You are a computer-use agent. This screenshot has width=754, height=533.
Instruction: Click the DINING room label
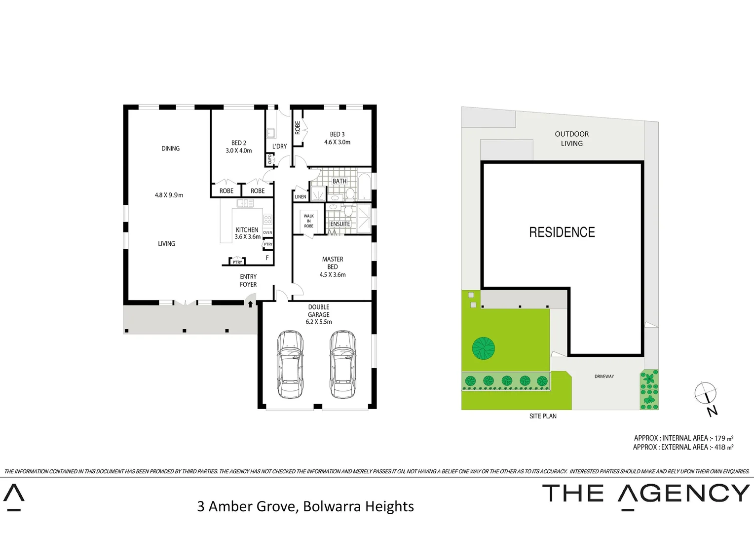pyautogui.click(x=170, y=149)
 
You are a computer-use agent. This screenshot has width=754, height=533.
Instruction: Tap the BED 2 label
pyautogui.click(x=239, y=143)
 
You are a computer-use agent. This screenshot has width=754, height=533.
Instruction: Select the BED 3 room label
pyautogui.click(x=338, y=134)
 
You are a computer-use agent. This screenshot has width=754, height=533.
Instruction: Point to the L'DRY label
pyautogui.click(x=279, y=147)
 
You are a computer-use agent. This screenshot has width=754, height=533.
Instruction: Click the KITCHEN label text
pyautogui.click(x=247, y=230)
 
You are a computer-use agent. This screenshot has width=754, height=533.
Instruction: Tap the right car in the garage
pyautogui.click(x=342, y=364)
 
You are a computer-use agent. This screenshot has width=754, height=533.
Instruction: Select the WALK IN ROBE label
pyautogui.click(x=309, y=221)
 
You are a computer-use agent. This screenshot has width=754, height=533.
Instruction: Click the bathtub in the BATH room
pyautogui.click(x=364, y=187)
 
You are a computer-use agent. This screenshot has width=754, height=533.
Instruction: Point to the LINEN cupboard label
pyautogui.click(x=301, y=197)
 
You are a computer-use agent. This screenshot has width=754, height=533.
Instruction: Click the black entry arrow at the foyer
pyautogui.click(x=251, y=304)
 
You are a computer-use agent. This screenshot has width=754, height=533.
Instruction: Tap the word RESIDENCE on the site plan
pyautogui.click(x=562, y=232)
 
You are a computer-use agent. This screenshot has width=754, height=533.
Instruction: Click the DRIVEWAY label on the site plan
pyautogui.click(x=604, y=377)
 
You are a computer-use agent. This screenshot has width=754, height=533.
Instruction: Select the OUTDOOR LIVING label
pyautogui.click(x=571, y=139)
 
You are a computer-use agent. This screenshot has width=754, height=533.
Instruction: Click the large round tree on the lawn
pyautogui.click(x=483, y=348)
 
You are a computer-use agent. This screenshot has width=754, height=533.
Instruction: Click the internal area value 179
pyautogui.click(x=720, y=438)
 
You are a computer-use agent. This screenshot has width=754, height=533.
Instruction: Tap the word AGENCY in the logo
pyautogui.click(x=683, y=494)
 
